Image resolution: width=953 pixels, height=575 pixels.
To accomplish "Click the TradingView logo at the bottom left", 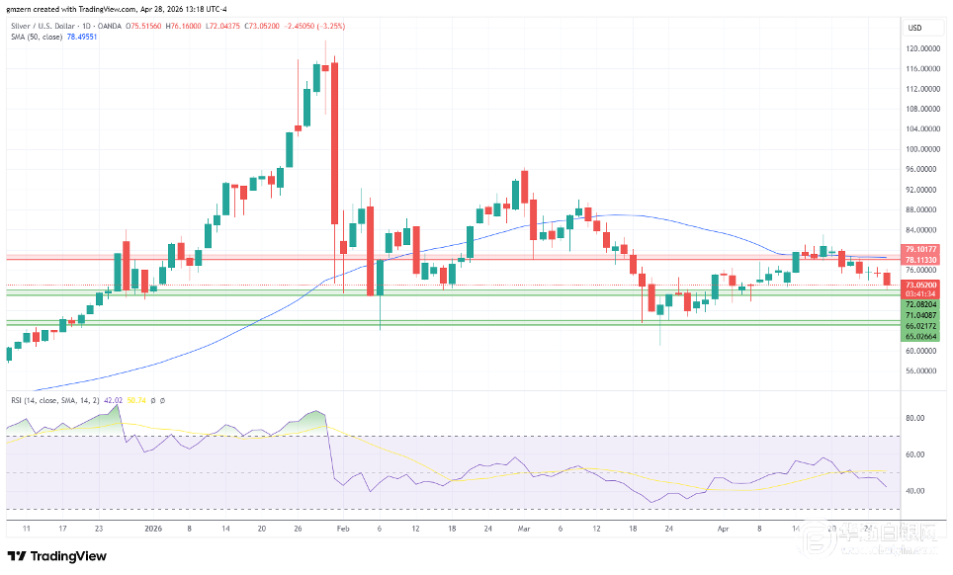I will tap(57, 555).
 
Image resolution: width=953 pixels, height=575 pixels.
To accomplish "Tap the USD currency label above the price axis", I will tap(914, 27).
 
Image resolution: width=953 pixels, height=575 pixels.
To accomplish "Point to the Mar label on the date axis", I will tap(524, 529).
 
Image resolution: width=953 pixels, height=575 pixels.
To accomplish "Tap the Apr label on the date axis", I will tap(724, 529).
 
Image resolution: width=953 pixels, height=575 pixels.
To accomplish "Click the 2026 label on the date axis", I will tap(152, 529).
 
